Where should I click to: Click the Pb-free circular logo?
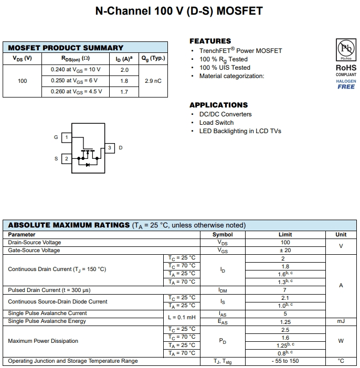[x=345, y=50]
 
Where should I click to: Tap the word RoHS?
[x=346, y=68]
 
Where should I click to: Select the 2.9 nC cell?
[x=153, y=81]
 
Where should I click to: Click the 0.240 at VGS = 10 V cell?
[x=76, y=70]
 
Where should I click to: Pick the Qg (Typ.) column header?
[x=153, y=58]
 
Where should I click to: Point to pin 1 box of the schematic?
[x=66, y=137]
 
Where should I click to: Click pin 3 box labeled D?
[x=110, y=148]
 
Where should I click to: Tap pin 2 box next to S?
[x=66, y=158]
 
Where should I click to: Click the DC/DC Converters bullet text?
[x=225, y=114]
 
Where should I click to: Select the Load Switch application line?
[x=216, y=123]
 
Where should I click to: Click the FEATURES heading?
[x=210, y=41]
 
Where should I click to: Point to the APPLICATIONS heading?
[x=218, y=105]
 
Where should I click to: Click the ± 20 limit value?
[x=285, y=251]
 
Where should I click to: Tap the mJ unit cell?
[x=341, y=321]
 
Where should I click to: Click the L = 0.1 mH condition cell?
[x=182, y=317]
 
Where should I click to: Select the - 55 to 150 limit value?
[x=285, y=361]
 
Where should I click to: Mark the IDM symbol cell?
[x=223, y=290]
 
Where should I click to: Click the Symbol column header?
[x=223, y=235]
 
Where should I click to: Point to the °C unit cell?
[x=341, y=361]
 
